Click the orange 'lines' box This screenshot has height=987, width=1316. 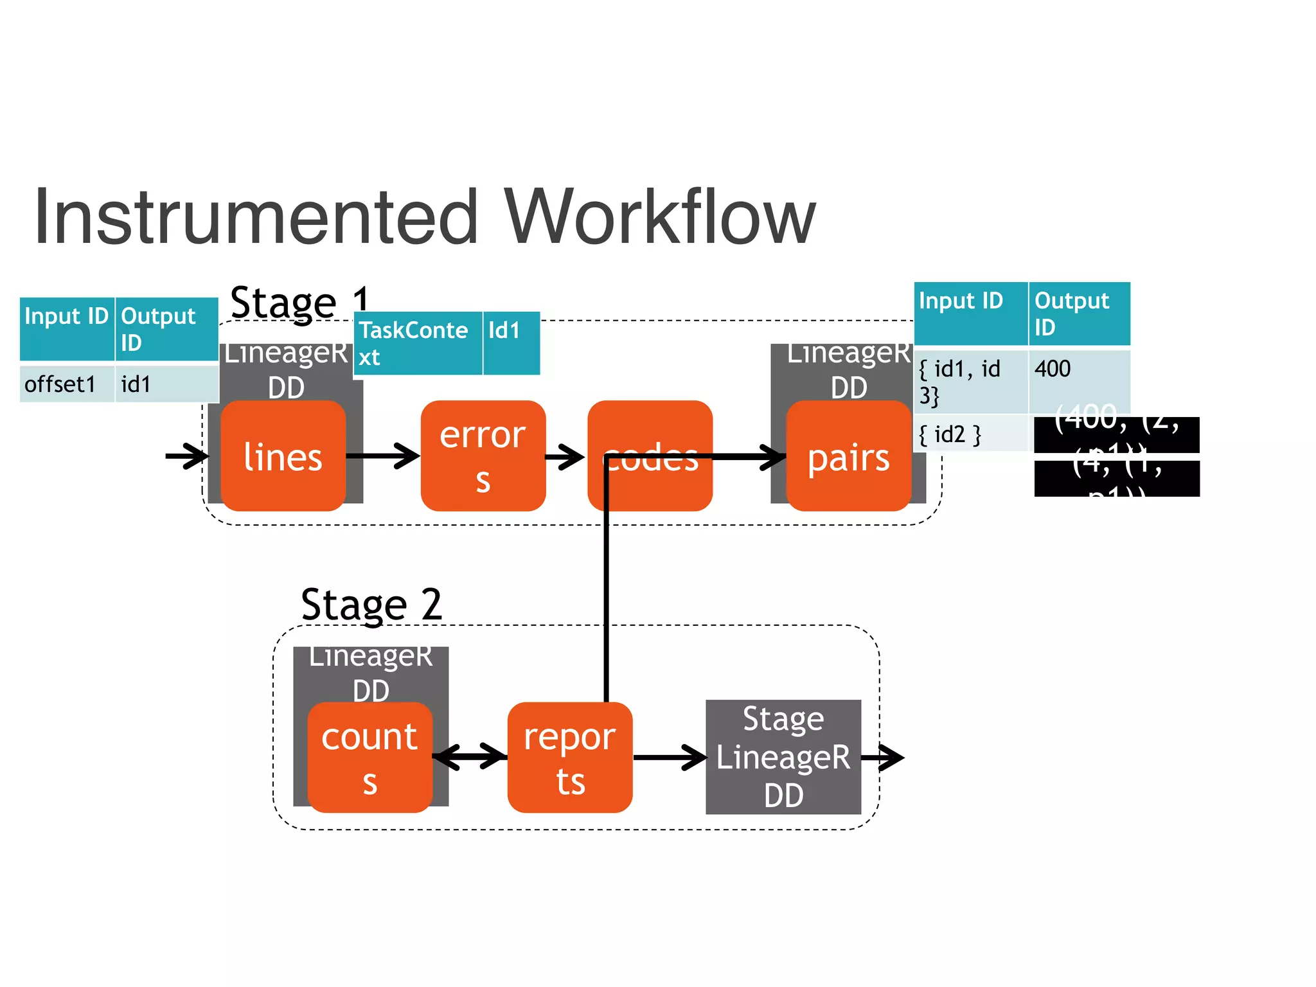pyautogui.click(x=283, y=456)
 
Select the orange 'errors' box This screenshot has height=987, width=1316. pyautogui.click(x=483, y=456)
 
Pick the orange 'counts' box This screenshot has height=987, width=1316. pyautogui.click(x=369, y=758)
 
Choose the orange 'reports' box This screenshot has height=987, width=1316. pyautogui.click(x=569, y=758)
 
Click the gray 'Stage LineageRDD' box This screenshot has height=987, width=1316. pyautogui.click(x=783, y=757)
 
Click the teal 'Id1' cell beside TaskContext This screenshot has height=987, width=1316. pyautogui.click(x=511, y=343)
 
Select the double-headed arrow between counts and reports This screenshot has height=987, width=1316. pyautogui.click(x=470, y=756)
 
